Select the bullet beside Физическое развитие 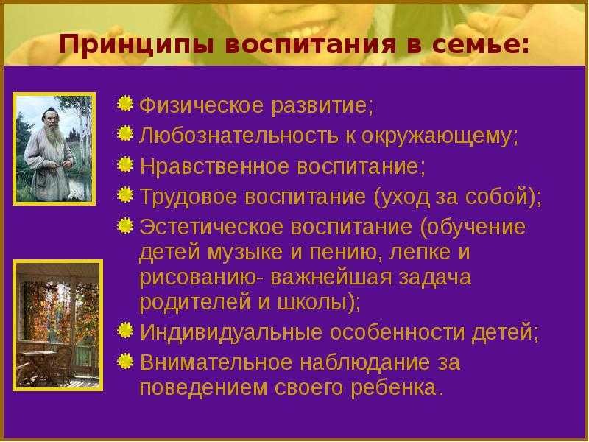pos(125,103)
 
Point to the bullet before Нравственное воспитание pos(125,164)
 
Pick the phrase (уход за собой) pos(455,197)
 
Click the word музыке pos(244,252)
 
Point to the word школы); pos(319,303)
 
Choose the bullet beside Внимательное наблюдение pos(125,361)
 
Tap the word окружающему pos(439,136)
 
